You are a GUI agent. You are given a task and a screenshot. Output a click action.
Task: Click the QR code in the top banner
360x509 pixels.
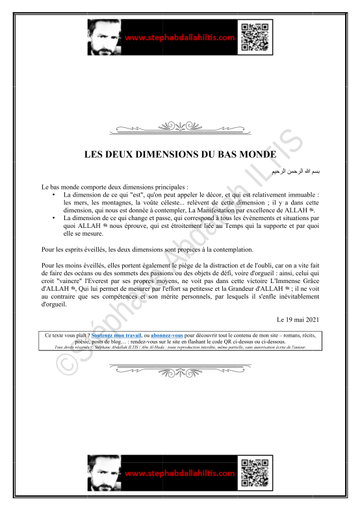click(x=253, y=36)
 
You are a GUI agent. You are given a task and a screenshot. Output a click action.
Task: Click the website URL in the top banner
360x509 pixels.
click(x=179, y=38)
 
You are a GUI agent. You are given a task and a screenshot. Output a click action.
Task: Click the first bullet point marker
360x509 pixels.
click(x=53, y=195)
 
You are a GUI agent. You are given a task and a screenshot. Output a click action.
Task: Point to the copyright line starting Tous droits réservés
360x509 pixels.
click(x=179, y=347)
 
